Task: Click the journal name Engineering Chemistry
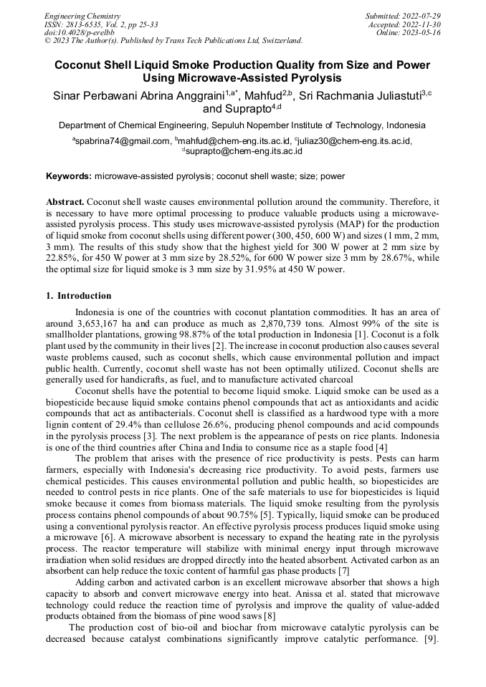82,16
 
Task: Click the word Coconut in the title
82,64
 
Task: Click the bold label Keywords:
69,176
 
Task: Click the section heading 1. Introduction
79,296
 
